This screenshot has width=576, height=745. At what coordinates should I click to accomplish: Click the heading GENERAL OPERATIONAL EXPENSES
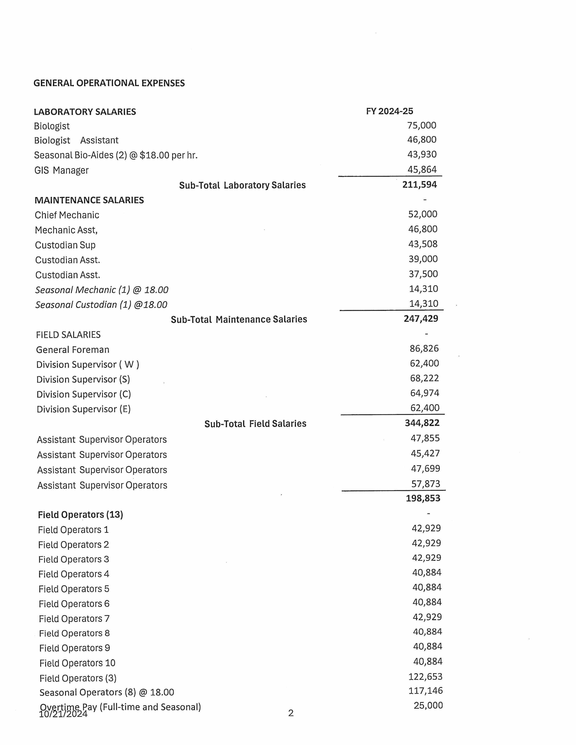(109, 83)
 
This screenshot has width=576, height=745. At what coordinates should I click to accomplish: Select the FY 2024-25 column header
(389, 111)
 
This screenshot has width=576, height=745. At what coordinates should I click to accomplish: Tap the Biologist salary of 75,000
(421, 126)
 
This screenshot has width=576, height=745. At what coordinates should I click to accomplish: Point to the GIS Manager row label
(61, 170)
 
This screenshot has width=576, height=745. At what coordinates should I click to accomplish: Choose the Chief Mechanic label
(67, 215)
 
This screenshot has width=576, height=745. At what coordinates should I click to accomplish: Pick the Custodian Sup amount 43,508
(423, 244)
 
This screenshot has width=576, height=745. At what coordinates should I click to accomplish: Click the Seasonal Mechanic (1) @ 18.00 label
(102, 290)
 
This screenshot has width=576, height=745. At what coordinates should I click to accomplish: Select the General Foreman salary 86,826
(424, 348)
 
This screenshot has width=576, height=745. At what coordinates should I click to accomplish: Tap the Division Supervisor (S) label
(83, 379)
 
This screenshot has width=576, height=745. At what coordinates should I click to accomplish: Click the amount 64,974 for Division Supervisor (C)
(424, 393)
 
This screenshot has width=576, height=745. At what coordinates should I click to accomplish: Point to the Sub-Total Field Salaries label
(255, 424)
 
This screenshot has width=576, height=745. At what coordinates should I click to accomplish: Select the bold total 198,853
(423, 498)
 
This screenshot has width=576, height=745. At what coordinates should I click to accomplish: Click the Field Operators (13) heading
(81, 515)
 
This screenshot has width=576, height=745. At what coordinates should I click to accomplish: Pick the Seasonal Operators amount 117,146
(426, 691)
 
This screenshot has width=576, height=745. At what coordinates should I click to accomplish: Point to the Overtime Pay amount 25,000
(428, 705)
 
